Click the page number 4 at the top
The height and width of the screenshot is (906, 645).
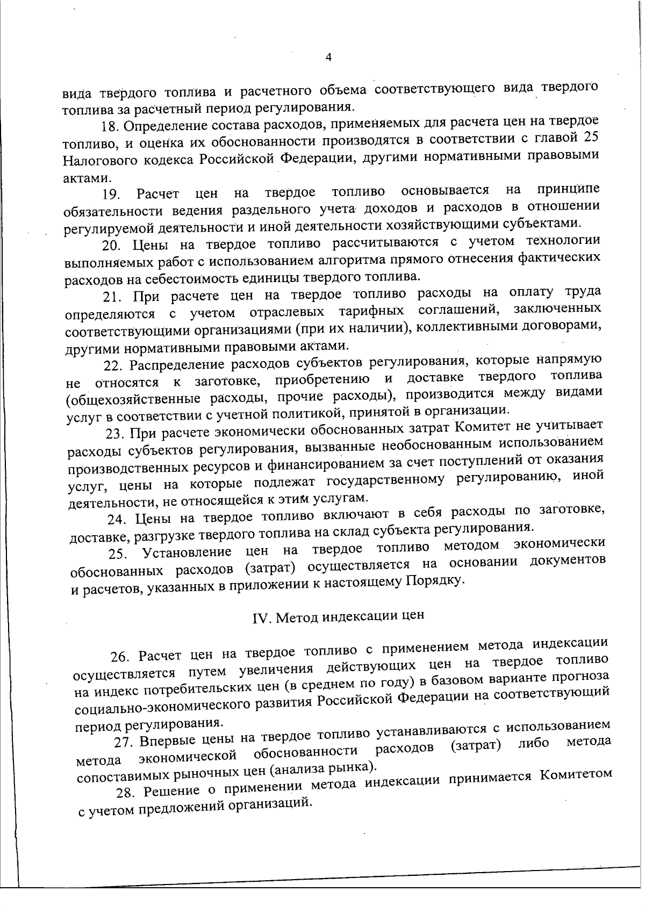coord(328,57)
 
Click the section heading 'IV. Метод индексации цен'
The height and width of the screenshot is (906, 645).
coord(338,616)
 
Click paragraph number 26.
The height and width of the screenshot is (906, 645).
coord(120,657)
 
